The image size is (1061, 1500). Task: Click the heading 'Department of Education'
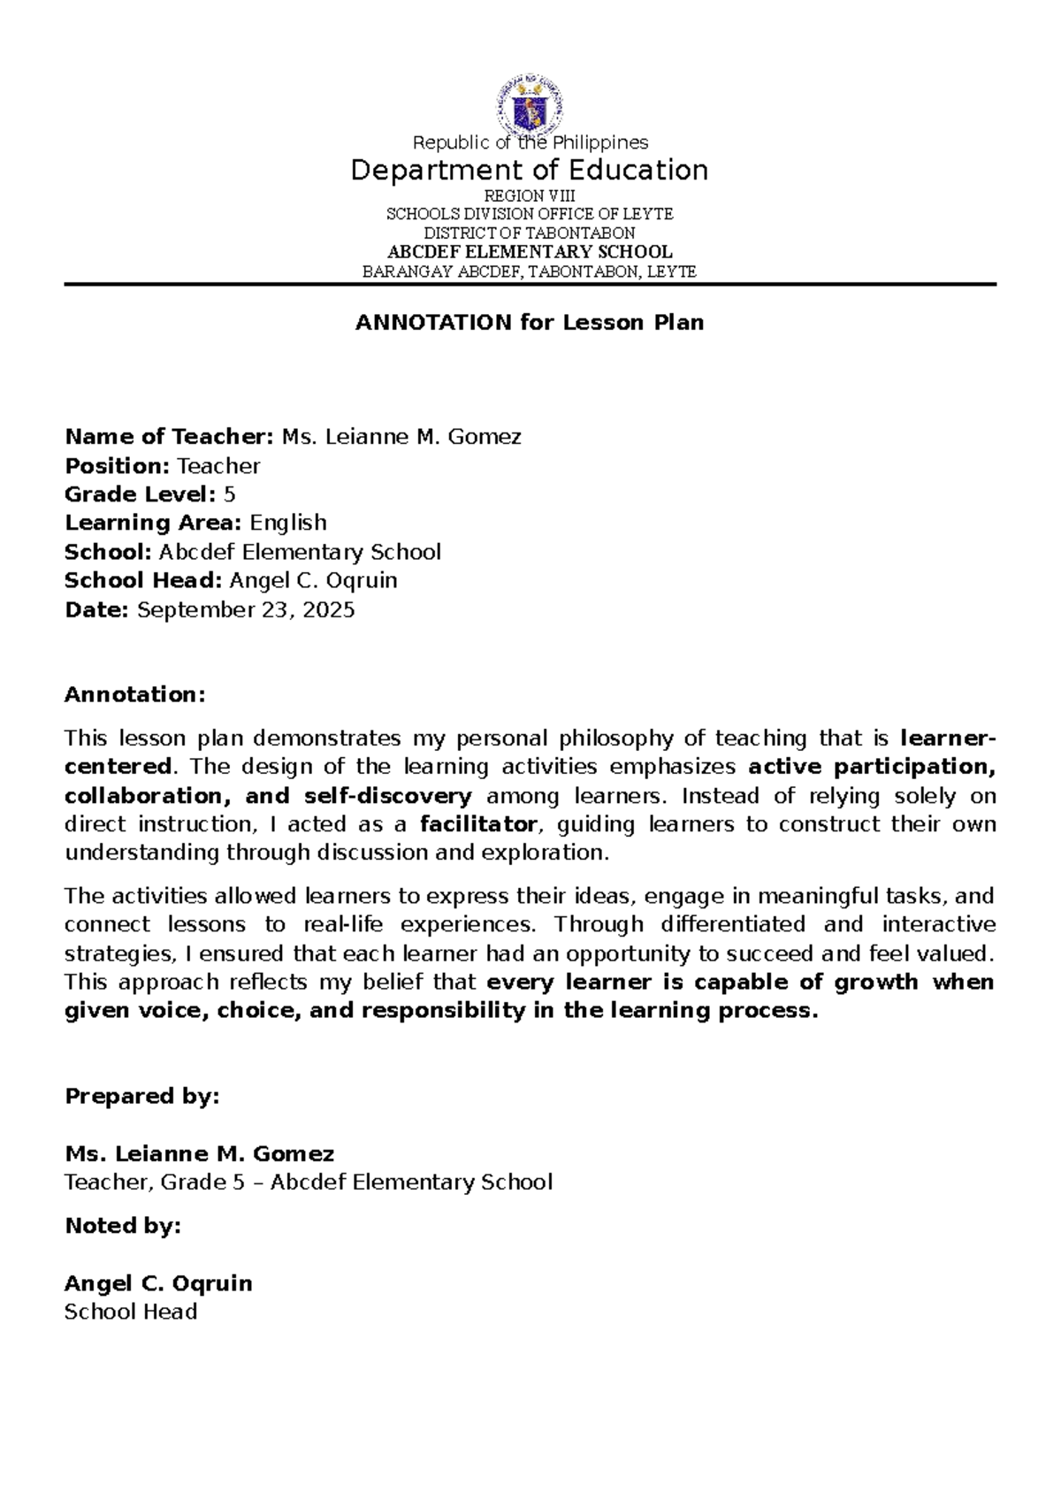point(530,170)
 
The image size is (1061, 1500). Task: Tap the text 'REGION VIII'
point(530,195)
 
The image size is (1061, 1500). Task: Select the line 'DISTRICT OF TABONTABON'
point(530,233)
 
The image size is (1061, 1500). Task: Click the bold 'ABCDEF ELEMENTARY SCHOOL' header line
point(530,252)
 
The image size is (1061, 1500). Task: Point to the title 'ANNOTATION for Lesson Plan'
point(530,323)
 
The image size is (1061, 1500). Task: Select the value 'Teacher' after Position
point(218,466)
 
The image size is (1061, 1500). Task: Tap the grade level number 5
point(230,494)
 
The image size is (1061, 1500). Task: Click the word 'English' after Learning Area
point(288,523)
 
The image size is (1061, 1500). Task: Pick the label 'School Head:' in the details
point(143,580)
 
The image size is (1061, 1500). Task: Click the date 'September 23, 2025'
point(246,609)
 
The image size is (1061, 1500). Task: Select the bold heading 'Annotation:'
point(134,694)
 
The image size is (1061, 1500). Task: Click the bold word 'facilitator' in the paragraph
point(478,824)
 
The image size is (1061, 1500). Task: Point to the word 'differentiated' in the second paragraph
point(732,924)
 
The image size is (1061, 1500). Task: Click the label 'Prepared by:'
point(141,1097)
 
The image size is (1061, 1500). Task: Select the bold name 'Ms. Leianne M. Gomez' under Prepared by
point(199,1154)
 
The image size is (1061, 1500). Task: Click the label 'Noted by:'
point(122,1226)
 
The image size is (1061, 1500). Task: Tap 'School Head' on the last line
point(131,1312)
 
